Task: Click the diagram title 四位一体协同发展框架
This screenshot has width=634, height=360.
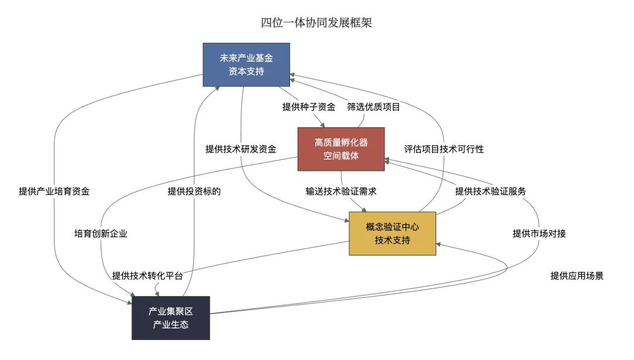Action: pos(316,23)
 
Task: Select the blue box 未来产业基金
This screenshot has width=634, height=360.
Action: pos(246,65)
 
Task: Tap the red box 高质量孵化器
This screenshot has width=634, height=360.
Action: pos(341,149)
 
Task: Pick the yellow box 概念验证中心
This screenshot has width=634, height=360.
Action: pos(392,233)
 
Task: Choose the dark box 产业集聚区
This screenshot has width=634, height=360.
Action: pos(171,318)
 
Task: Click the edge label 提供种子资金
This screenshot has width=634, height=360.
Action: pos(309,107)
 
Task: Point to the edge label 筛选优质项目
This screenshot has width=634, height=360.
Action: pos(373,107)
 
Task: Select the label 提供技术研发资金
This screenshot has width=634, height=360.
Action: pos(241,149)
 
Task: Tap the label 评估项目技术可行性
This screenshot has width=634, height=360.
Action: pos(444,149)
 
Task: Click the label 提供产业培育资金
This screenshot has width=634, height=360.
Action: pos(54,191)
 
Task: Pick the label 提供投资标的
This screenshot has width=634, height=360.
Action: pos(194,191)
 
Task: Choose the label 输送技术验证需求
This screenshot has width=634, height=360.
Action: pos(341,191)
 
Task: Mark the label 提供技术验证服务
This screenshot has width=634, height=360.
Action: pos(490,191)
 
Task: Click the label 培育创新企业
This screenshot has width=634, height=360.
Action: pos(101,233)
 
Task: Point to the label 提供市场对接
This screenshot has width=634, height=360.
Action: pos(539,233)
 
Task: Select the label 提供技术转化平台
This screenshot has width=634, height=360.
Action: pos(147,276)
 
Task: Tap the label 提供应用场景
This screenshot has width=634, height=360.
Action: pos(576,276)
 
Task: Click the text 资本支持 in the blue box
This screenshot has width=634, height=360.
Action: pos(246,71)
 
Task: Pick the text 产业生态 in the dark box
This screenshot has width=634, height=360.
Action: pos(171,324)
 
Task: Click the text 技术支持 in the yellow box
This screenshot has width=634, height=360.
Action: pos(392,240)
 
